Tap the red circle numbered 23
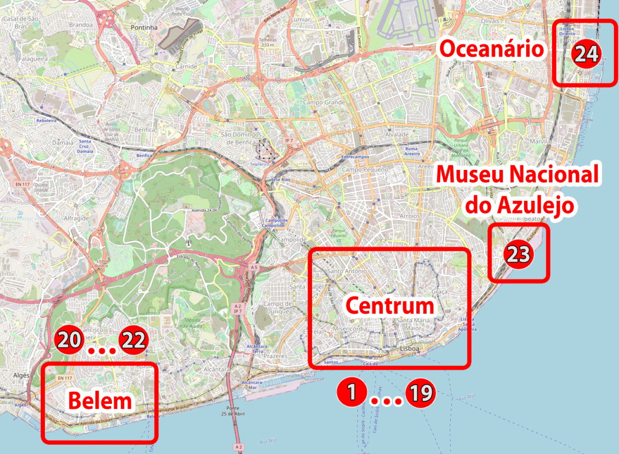(x=517, y=254)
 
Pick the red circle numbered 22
(x=134, y=340)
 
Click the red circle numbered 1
(x=351, y=393)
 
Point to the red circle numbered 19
(x=420, y=394)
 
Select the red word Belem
(x=100, y=401)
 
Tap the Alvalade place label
(x=397, y=135)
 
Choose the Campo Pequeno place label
(x=365, y=169)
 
